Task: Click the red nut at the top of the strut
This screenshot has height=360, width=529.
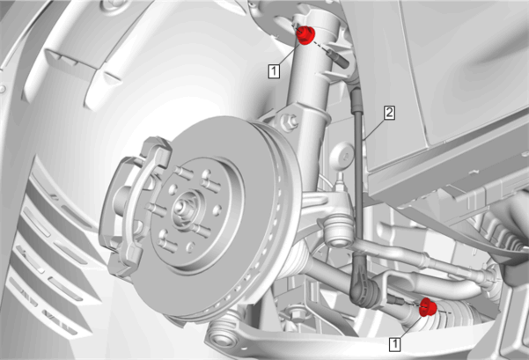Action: [x=305, y=34]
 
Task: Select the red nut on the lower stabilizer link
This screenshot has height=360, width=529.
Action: [x=428, y=307]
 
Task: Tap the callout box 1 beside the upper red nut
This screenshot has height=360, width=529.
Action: [x=274, y=71]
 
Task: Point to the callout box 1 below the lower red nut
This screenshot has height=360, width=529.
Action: [x=395, y=344]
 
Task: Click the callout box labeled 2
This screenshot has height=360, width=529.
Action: [x=389, y=113]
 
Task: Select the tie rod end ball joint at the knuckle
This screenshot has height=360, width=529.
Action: [x=338, y=230]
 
